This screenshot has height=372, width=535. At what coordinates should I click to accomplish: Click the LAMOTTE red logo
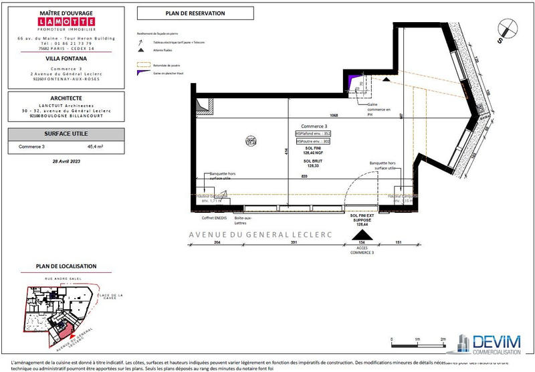[x=66, y=21]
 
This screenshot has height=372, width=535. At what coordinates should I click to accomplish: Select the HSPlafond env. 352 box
[x=313, y=134]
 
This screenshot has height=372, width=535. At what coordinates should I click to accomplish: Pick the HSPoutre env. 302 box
[x=313, y=142]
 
